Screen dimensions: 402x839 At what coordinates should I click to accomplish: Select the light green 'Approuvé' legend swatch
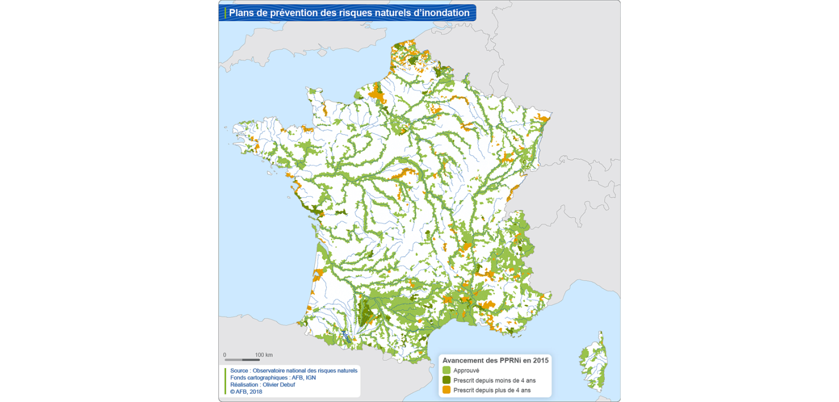446,370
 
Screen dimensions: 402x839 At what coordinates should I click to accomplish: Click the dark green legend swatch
446,380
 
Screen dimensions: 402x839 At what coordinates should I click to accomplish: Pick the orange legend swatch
446,390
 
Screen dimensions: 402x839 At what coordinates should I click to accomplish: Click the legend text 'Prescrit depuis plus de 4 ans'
492,390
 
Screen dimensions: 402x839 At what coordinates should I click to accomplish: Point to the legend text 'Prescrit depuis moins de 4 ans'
494,380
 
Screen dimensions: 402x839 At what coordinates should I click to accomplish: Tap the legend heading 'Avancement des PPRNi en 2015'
495,360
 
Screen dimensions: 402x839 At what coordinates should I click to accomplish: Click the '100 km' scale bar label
264,355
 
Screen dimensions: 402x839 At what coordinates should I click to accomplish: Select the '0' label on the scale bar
225,355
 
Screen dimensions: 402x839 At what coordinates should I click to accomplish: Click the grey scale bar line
242,360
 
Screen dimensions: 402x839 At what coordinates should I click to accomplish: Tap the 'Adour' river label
346,337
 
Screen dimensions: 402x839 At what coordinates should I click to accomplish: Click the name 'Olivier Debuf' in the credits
279,385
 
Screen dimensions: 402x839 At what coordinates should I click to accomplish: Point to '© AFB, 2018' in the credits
246,392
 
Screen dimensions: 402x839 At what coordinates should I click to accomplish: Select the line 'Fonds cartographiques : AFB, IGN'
273,378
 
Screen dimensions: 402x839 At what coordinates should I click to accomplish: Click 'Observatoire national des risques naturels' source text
305,371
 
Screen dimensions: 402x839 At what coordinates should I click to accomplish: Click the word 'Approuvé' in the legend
466,371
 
